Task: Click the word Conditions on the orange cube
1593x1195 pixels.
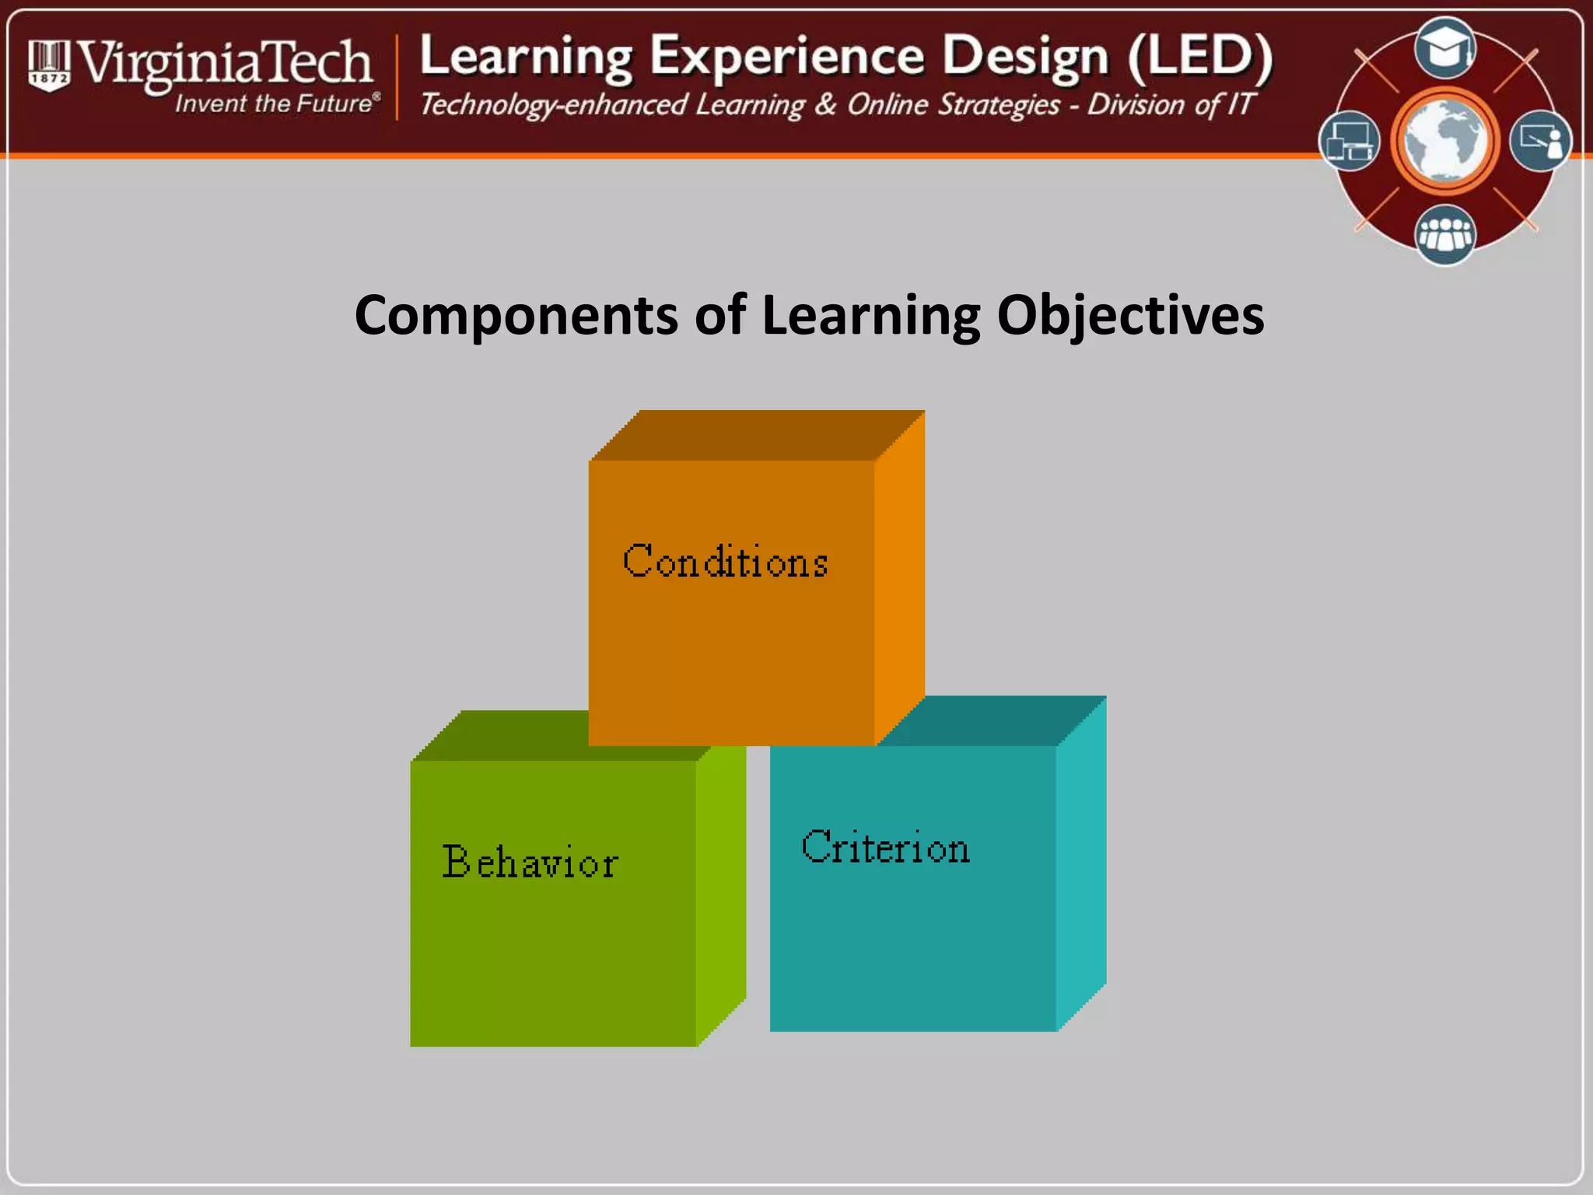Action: click(725, 561)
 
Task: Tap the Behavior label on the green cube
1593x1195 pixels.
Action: click(530, 862)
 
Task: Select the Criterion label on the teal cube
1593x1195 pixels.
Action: click(885, 847)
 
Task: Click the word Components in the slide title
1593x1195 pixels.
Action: click(516, 315)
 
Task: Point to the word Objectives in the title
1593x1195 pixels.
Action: click(1130, 317)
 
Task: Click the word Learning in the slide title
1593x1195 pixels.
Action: click(870, 317)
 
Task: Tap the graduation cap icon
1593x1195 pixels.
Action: click(1445, 48)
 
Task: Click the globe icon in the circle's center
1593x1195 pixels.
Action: click(1445, 141)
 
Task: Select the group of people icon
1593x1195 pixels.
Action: click(1445, 233)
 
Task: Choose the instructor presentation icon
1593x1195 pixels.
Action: click(1540, 141)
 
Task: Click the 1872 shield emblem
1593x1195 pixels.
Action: click(49, 66)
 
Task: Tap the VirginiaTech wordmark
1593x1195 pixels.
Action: click(226, 62)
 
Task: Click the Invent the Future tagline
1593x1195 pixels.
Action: click(277, 103)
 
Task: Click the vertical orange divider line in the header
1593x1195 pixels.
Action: click(397, 78)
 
